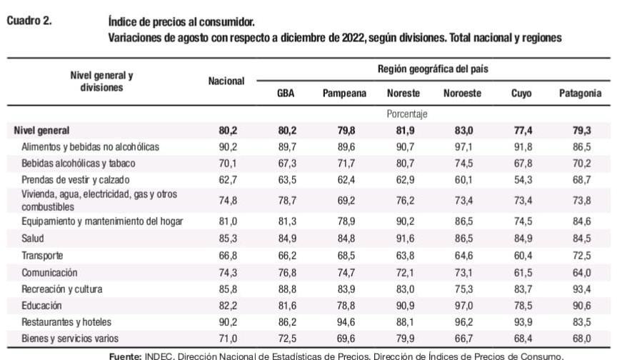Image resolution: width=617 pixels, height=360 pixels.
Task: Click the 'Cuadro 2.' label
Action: pyautogui.click(x=29, y=21)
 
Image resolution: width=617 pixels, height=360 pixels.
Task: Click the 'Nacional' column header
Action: pyautogui.click(x=226, y=81)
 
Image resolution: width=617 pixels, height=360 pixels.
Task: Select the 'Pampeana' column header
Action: pyautogui.click(x=344, y=94)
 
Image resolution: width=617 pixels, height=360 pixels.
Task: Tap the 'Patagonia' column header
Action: pyautogui.click(x=580, y=94)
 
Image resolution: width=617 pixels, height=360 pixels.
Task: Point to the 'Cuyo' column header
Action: pyautogui.click(x=521, y=94)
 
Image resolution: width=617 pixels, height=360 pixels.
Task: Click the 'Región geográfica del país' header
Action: pyautogui.click(x=433, y=70)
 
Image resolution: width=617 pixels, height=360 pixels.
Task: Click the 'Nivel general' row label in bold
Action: pyautogui.click(x=41, y=131)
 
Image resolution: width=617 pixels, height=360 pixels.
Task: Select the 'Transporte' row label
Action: pyautogui.click(x=43, y=255)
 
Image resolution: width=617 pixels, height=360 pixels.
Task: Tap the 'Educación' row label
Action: pyautogui.click(x=42, y=306)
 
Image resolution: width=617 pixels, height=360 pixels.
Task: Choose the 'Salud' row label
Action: pyautogui.click(x=33, y=238)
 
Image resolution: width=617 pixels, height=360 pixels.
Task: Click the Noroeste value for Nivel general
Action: pyautogui.click(x=462, y=131)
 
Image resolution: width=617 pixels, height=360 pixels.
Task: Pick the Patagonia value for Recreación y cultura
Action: pyautogui.click(x=580, y=289)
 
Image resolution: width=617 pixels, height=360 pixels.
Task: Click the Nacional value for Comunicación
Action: pyautogui.click(x=226, y=272)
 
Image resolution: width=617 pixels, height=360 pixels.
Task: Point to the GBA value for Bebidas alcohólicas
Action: pyautogui.click(x=286, y=163)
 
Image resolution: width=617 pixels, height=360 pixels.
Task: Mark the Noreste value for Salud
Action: pyautogui.click(x=403, y=238)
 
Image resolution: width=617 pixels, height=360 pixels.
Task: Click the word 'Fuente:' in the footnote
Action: pyautogui.click(x=126, y=355)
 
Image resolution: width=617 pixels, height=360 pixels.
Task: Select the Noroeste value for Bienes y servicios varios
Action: pyautogui.click(x=462, y=339)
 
